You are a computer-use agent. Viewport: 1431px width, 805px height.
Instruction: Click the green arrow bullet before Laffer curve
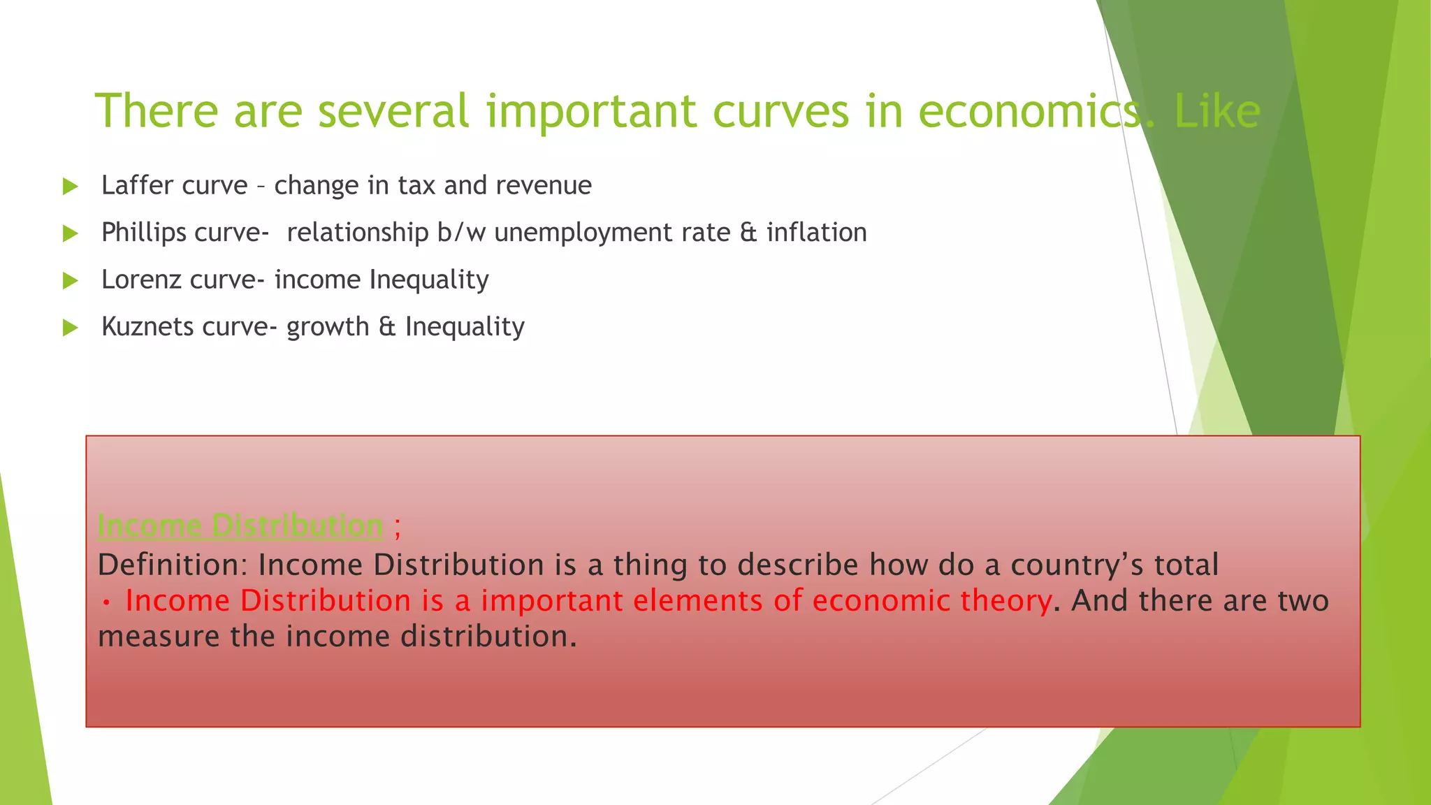[70, 187]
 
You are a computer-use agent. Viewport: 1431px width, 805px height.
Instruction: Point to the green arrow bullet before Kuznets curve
[70, 328]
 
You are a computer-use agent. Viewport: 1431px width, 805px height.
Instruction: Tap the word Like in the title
[1217, 112]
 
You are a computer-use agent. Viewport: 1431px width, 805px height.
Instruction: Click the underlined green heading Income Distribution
[240, 525]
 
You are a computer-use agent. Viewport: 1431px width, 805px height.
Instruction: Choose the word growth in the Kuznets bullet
[327, 327]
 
